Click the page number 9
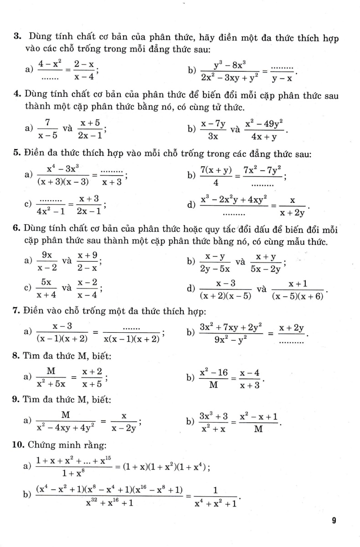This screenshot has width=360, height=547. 334,521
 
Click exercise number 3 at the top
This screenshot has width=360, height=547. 15,36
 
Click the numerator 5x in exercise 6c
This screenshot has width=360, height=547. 46,283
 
